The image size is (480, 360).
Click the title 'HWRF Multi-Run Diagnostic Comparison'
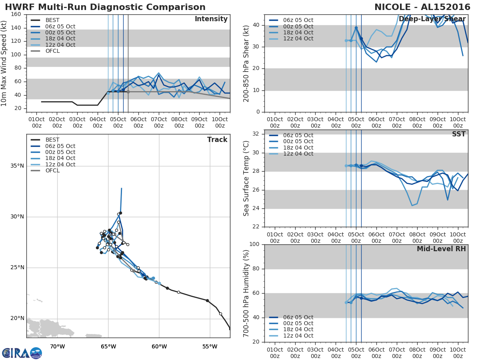105,7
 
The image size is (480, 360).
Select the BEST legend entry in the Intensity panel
52,20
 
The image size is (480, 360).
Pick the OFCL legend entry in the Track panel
52,171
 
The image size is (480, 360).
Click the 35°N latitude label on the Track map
17,166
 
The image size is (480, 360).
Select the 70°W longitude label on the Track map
57,346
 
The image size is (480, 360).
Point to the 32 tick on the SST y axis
256,134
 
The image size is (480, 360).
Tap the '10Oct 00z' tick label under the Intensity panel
220,122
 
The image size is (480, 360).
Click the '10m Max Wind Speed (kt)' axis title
4,63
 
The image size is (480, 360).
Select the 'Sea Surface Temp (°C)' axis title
246,178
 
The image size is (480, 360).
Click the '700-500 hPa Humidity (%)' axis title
246,293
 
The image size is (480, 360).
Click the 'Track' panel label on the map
217,140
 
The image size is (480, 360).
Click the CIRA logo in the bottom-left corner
22,353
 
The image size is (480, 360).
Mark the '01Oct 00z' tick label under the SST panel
274,238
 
